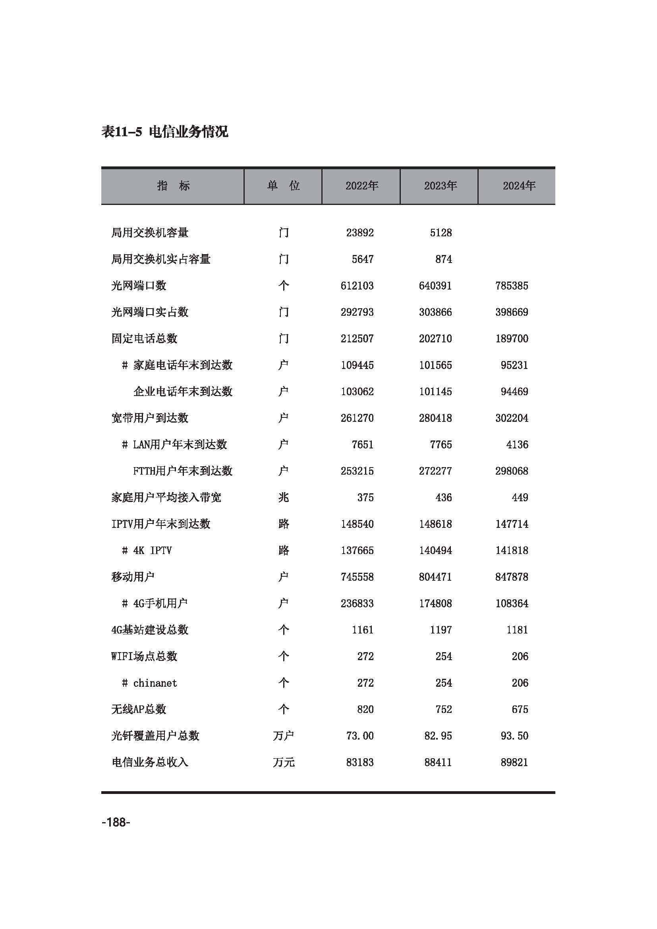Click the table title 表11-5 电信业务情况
[x=165, y=131]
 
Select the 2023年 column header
[x=440, y=186]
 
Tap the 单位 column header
[x=283, y=186]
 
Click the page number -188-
[x=116, y=822]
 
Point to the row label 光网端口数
[x=139, y=286]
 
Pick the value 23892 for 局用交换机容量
[x=359, y=233]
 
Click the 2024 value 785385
[x=511, y=286]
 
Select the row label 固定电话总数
[x=145, y=339]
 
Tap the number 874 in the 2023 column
[x=443, y=259]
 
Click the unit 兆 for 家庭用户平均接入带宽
[x=284, y=497]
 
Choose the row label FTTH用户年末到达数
[x=182, y=471]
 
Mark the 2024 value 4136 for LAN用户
[x=517, y=445]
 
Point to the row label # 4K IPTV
[x=147, y=550]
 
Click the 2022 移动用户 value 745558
[x=357, y=577]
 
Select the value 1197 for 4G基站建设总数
[x=441, y=630]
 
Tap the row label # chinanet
[x=149, y=683]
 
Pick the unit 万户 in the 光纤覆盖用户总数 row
[x=283, y=736]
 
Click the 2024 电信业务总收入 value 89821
[x=514, y=762]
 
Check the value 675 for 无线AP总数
[x=520, y=709]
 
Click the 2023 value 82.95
[x=438, y=736]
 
